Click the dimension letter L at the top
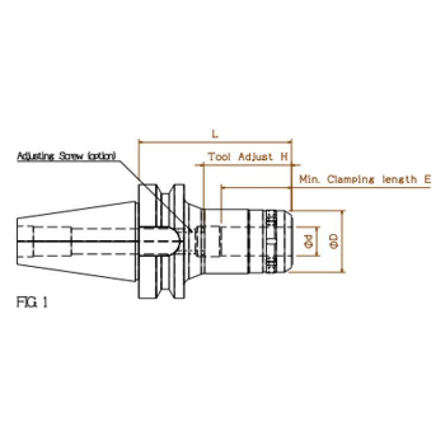pos(215,133)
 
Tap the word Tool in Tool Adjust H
pos(219,157)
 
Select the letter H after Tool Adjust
pos(284,157)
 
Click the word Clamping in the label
pos(351,180)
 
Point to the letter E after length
pos(428,179)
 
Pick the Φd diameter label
pos(308,241)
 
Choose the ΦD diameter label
pos(334,241)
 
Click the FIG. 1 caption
pos(32,302)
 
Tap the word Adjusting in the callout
pos(36,156)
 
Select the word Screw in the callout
pos(71,156)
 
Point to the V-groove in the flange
pos(166,241)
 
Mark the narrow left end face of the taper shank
pos(17,241)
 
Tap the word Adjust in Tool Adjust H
pos(255,157)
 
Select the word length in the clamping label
pos(399,180)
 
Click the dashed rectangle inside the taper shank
pos(53,241)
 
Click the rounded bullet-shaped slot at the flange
pos(160,241)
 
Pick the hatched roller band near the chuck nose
pos(272,241)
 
